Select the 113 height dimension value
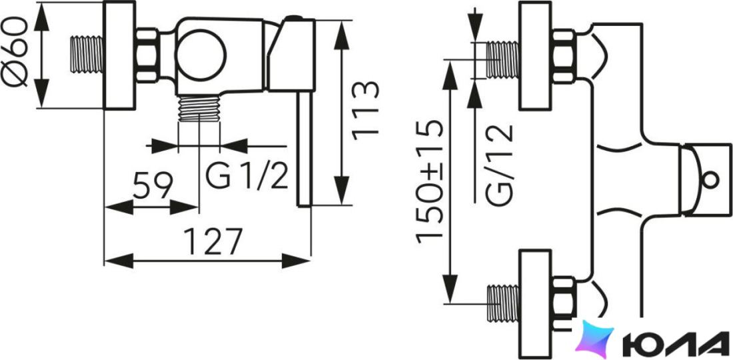(x=365, y=111)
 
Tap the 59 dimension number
(x=153, y=185)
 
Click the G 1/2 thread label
(x=247, y=175)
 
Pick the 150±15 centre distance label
(x=428, y=181)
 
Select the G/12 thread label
(x=499, y=165)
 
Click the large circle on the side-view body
(x=201, y=55)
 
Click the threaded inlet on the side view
(x=87, y=55)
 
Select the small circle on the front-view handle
(x=710, y=180)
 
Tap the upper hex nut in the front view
(x=563, y=56)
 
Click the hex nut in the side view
(x=147, y=55)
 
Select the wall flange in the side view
(x=119, y=55)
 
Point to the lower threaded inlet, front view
(x=503, y=303)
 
